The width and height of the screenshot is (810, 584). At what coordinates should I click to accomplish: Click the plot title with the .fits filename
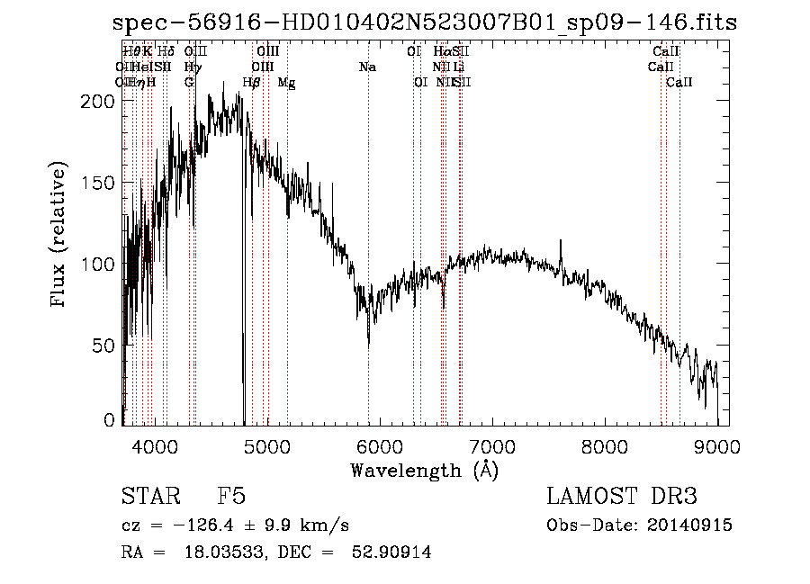tap(422, 22)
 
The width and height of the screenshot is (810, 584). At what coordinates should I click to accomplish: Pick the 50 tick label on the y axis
tap(106, 346)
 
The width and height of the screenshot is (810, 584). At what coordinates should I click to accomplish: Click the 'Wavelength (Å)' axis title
tap(424, 470)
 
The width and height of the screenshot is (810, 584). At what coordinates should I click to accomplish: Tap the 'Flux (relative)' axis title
tap(59, 236)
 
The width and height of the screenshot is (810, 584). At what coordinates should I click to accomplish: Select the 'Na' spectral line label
tap(367, 67)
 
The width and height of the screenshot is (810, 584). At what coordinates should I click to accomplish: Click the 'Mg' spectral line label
tap(286, 83)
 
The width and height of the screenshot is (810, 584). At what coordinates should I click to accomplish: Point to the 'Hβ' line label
tap(252, 83)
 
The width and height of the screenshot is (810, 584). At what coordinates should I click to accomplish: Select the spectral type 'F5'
tap(231, 498)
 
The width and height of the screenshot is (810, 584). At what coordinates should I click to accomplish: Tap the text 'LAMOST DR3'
tap(621, 498)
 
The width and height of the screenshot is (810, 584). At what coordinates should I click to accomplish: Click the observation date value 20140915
tap(694, 525)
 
